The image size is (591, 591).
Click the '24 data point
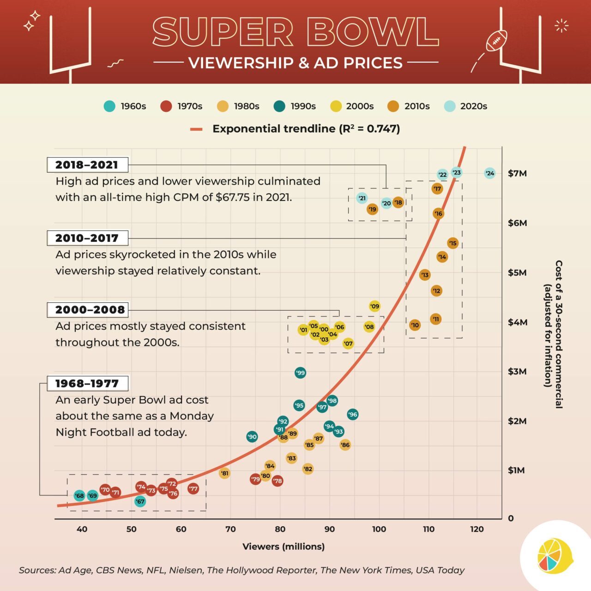point(490,174)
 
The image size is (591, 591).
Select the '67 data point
point(140,501)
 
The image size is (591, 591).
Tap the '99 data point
point(300,373)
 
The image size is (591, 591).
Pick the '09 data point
point(374,306)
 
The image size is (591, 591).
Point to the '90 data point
point(252,437)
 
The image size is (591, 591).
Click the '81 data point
point(224,473)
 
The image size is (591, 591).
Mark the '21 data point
point(362,198)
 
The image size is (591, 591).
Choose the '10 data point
point(415,325)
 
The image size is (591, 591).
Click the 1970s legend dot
point(166,106)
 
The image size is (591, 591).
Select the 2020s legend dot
point(450,106)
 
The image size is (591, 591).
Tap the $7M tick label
point(517,174)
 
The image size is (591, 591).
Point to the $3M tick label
point(517,372)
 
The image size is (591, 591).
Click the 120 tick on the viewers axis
point(477,529)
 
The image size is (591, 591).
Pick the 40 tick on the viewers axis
point(82,529)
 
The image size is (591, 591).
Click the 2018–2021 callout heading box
point(87,165)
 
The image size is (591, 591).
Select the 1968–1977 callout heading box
point(87,383)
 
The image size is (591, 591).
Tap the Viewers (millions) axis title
point(283,547)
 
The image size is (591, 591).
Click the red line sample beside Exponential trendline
point(197,129)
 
